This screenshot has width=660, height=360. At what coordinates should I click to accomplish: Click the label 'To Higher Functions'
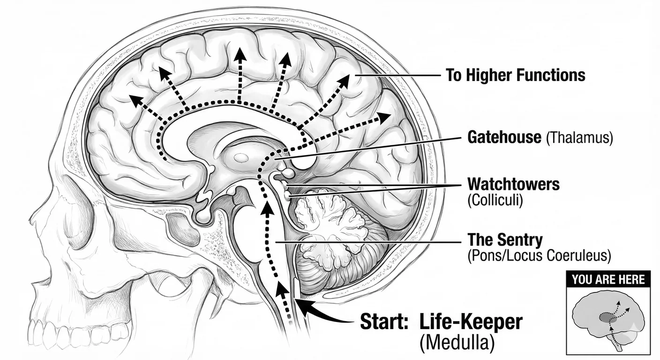(x=515, y=75)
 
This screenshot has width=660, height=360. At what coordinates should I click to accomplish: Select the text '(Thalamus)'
(x=579, y=138)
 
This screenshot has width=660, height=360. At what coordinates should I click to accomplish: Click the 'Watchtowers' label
(x=514, y=184)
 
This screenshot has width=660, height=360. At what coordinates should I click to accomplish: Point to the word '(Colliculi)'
(x=495, y=200)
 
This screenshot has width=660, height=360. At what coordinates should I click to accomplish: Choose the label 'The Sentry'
(x=505, y=240)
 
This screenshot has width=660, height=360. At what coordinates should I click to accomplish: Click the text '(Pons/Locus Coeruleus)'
(x=540, y=255)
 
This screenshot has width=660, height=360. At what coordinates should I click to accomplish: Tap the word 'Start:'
(x=384, y=322)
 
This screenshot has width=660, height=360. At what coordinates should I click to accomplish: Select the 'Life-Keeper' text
(x=471, y=322)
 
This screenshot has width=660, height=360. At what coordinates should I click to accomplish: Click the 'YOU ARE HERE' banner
(x=608, y=280)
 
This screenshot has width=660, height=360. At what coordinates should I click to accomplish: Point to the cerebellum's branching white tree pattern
(x=330, y=225)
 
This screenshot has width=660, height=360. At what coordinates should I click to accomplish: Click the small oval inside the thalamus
(x=241, y=158)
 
